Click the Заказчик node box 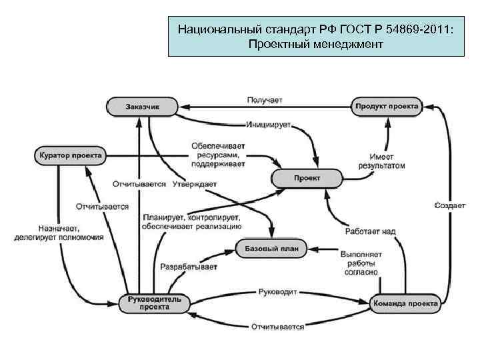[142, 106]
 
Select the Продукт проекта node [387, 106]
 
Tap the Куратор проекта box [68, 156]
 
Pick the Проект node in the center [307, 178]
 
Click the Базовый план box [271, 249]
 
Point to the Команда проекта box [405, 303]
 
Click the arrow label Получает [265, 99]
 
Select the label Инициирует [269, 124]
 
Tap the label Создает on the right [450, 205]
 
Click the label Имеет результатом [381, 160]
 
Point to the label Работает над [371, 231]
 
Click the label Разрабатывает [189, 267]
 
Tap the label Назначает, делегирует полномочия [59, 232]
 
